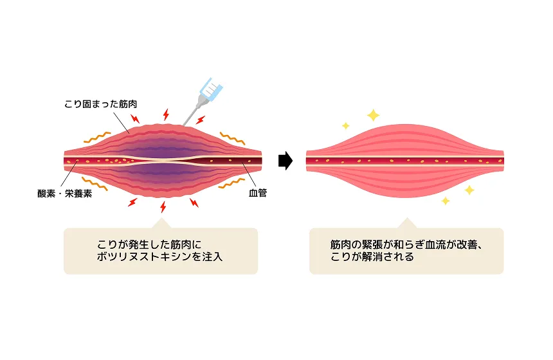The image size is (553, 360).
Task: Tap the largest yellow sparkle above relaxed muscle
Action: (372, 115)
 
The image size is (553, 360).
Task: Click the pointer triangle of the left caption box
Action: (161, 223)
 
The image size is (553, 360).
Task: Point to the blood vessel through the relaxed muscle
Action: (404, 160)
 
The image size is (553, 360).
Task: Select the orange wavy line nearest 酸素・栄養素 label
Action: (94, 183)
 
